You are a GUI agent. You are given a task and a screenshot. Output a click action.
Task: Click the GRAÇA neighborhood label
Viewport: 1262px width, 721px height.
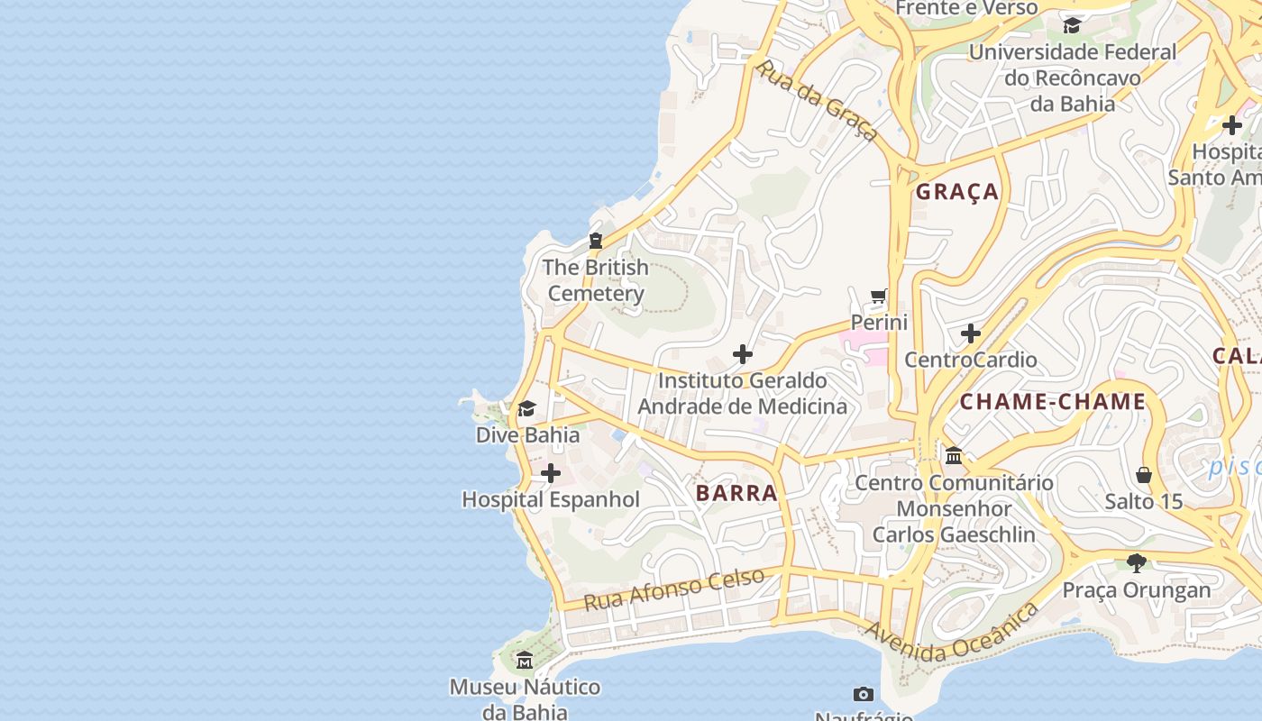click(x=957, y=191)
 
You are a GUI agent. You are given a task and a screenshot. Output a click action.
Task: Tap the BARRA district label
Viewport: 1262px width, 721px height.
click(x=736, y=493)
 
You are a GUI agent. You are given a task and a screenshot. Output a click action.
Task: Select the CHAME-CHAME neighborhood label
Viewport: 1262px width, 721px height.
click(x=1052, y=402)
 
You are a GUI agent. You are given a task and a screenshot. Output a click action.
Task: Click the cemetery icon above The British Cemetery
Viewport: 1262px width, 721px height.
click(x=596, y=241)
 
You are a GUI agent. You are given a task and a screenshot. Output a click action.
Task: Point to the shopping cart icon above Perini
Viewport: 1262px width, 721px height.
click(x=879, y=296)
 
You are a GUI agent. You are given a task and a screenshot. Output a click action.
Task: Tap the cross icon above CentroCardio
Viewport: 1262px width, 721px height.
click(x=971, y=333)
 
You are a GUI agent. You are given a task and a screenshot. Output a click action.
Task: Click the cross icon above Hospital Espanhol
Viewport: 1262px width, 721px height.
click(x=551, y=473)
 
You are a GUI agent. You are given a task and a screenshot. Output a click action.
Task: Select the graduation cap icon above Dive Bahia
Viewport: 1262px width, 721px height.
click(x=527, y=409)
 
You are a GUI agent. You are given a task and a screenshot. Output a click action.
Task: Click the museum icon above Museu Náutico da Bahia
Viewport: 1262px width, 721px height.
click(x=525, y=661)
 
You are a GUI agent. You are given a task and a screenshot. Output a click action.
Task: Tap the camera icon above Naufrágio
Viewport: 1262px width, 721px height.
click(x=864, y=694)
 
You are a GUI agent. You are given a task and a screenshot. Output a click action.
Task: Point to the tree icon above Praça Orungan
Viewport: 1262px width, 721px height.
click(x=1137, y=563)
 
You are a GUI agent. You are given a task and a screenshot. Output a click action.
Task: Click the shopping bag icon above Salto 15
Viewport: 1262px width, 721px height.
click(x=1144, y=475)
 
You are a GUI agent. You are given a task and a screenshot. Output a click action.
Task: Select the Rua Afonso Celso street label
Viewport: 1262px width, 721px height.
click(x=674, y=589)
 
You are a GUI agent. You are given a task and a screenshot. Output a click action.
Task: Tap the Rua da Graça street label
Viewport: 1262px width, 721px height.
click(x=817, y=100)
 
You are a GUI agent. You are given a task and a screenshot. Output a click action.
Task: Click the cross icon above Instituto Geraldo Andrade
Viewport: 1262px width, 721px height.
click(x=743, y=354)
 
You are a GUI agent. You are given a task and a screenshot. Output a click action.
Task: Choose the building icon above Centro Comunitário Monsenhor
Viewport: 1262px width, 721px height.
click(x=954, y=456)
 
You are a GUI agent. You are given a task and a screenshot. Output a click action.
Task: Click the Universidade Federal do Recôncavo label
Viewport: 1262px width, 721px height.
click(x=1073, y=78)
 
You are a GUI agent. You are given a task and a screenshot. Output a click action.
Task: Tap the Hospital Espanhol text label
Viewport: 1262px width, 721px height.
click(x=551, y=499)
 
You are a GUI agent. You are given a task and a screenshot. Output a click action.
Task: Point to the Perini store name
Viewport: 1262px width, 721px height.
click(x=879, y=322)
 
